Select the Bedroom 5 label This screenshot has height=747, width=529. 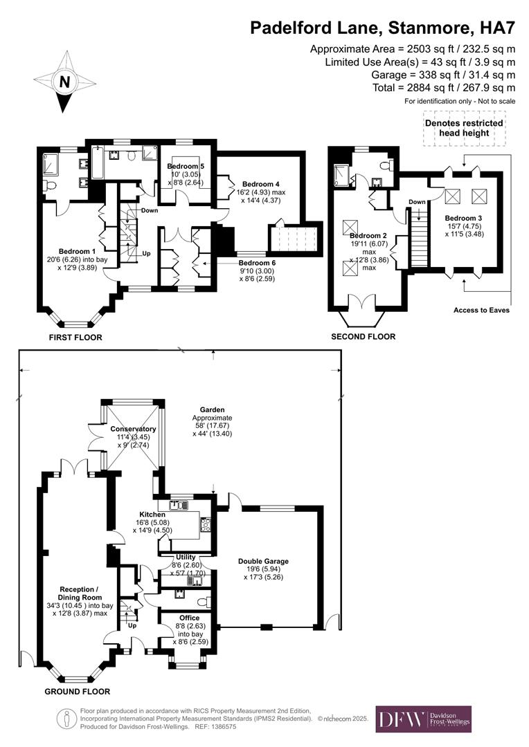coord(186,167)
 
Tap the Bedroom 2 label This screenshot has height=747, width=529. coord(368,236)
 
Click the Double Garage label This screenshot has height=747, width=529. coord(263,561)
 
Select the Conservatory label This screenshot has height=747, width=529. coord(134,429)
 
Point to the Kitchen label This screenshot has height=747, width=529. coord(152,515)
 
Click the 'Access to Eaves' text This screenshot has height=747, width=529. coord(481,310)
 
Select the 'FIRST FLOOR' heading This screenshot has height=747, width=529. coord(75,338)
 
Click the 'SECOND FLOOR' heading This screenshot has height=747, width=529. coord(364,337)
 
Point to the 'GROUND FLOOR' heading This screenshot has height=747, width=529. coord(78,691)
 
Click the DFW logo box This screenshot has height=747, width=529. coord(423,719)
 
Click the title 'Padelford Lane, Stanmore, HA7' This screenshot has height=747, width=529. coord(382,28)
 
